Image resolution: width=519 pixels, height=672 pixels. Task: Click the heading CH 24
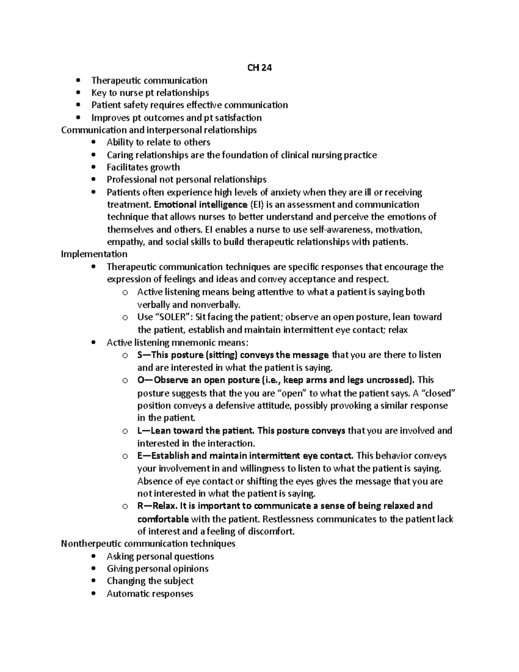(259, 68)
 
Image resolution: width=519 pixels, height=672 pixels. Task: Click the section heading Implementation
(94, 254)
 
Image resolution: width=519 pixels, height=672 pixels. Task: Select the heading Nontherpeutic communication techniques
(148, 543)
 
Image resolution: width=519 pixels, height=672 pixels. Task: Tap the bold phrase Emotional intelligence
(200, 204)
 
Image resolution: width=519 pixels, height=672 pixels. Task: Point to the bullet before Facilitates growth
(95, 167)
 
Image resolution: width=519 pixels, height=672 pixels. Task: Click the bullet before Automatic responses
(95, 594)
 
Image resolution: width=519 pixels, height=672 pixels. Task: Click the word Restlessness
(290, 519)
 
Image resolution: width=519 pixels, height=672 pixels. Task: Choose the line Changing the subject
(150, 581)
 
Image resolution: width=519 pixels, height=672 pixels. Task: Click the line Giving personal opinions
(157, 569)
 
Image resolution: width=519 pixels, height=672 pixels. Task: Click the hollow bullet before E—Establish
(125, 456)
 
